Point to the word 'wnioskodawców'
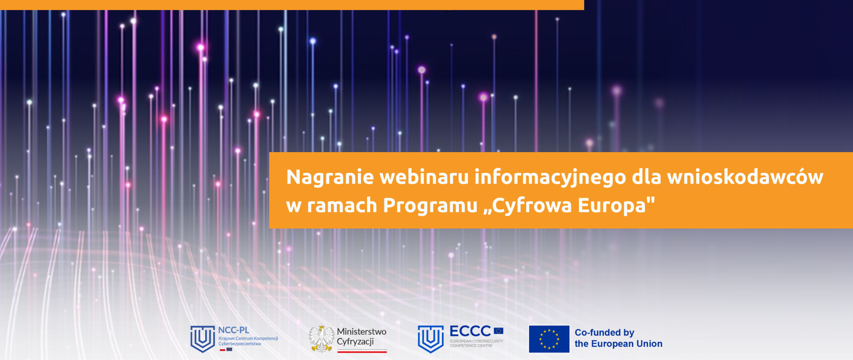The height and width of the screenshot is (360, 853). [x=745, y=177]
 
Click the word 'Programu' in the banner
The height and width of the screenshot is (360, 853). [x=430, y=205]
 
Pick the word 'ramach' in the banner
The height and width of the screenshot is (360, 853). [x=342, y=205]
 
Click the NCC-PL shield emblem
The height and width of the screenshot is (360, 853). [x=202, y=339]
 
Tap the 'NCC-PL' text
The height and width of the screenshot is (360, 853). [x=234, y=330]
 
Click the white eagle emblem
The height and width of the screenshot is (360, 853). [x=321, y=339]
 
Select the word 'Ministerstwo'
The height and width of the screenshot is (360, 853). [x=361, y=332]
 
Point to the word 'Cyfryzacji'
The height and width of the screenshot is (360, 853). [x=355, y=342]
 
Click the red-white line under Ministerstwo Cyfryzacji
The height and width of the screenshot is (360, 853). [x=362, y=352]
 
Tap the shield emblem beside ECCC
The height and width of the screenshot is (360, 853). [x=430, y=339]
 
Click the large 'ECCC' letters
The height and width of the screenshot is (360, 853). [x=470, y=331]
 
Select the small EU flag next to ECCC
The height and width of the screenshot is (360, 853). [x=498, y=331]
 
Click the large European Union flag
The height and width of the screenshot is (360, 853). [x=549, y=339]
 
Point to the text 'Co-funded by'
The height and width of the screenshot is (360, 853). [x=604, y=332]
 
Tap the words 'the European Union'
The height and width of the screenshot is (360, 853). [x=618, y=344]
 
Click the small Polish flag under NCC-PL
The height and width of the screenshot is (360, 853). [x=223, y=350]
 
